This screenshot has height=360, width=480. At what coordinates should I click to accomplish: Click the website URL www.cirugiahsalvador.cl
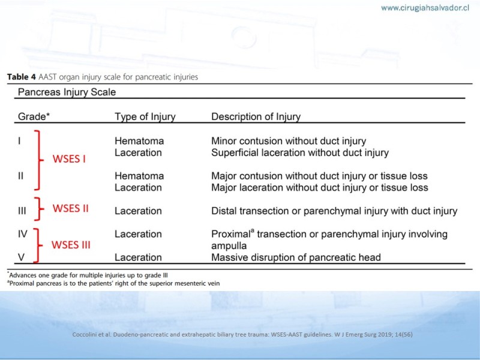click(425, 8)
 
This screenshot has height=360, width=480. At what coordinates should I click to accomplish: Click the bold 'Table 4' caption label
click(22, 77)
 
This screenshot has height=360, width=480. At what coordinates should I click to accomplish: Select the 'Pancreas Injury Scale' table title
click(67, 92)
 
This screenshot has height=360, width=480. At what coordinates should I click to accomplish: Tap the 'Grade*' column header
click(34, 116)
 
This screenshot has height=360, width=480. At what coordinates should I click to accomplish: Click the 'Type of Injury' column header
click(145, 116)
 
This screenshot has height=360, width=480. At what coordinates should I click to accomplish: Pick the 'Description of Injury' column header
click(256, 116)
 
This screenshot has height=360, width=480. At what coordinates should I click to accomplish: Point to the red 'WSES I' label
click(69, 159)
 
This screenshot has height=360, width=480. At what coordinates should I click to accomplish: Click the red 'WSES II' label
click(70, 208)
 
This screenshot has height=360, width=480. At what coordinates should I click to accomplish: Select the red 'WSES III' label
click(71, 245)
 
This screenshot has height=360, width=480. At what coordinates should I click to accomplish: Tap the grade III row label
click(22, 211)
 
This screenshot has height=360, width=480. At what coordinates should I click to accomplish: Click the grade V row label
click(21, 257)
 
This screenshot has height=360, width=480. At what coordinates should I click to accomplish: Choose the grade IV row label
click(23, 234)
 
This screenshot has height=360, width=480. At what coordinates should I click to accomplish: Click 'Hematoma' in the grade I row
click(139, 141)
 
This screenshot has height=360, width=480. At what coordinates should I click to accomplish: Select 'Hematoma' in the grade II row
click(139, 176)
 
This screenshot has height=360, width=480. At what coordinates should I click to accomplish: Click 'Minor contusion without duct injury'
click(289, 141)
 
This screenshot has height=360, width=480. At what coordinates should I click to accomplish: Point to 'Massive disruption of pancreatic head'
click(296, 257)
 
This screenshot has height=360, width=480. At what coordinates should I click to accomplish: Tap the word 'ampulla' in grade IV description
click(229, 246)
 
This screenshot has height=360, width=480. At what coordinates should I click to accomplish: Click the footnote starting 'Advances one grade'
click(88, 275)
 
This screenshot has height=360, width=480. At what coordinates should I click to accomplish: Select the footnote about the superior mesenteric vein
click(113, 283)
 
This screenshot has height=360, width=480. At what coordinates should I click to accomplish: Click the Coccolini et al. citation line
click(242, 335)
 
